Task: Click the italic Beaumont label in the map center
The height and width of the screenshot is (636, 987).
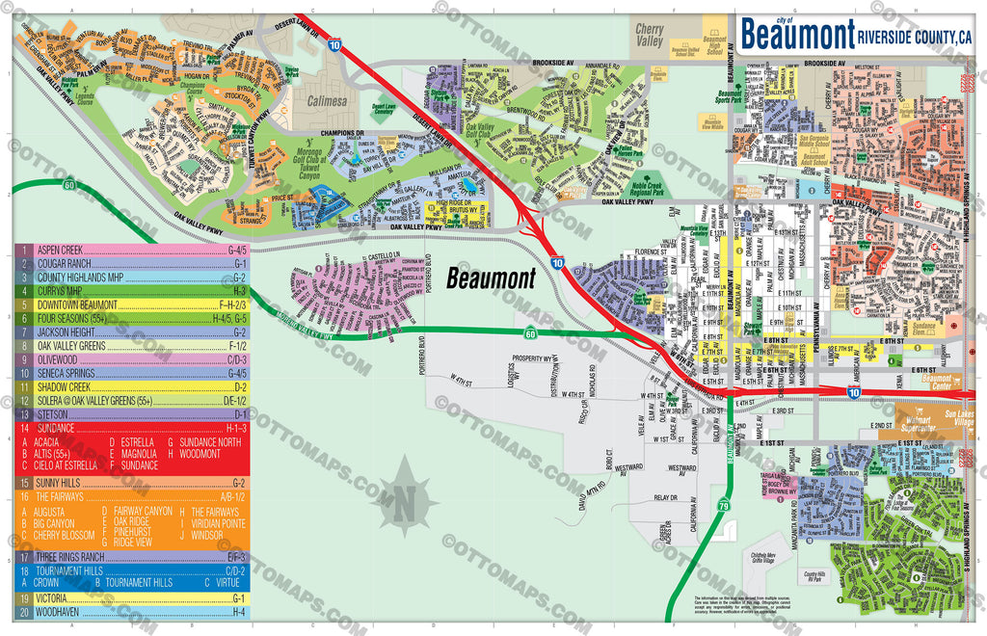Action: (x=491, y=279)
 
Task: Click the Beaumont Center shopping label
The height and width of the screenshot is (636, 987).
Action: (x=937, y=379)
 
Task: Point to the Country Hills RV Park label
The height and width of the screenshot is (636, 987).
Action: (x=791, y=576)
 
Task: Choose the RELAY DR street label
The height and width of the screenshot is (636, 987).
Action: (x=665, y=498)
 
